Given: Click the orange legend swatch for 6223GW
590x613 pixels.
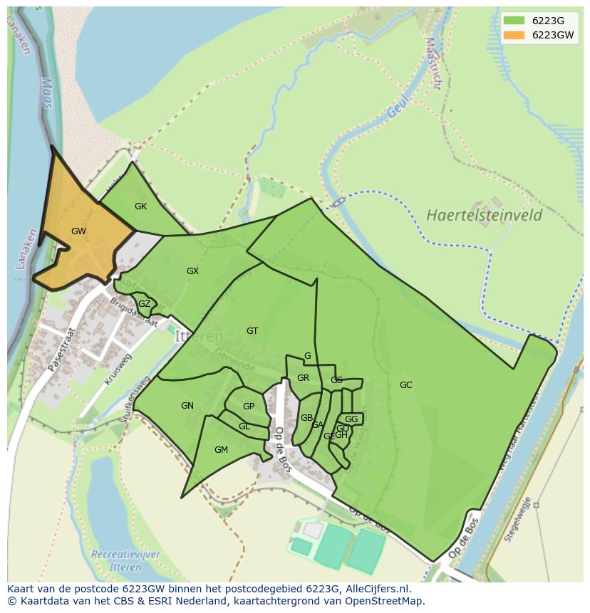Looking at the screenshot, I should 513,35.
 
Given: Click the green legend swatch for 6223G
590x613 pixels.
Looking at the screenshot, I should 513,21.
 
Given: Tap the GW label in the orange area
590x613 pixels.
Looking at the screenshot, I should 78,231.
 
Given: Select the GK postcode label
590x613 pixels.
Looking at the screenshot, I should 140,206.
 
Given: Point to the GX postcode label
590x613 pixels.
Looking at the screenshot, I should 192,271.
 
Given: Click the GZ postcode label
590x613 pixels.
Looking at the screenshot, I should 144,304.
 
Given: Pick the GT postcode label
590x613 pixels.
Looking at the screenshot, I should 252,331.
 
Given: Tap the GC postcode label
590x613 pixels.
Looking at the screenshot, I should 405,385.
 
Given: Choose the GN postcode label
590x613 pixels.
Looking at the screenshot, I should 187,406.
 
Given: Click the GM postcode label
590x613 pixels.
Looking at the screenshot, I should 221,450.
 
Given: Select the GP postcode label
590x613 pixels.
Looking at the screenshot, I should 249,407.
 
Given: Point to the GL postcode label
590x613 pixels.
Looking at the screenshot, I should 244,426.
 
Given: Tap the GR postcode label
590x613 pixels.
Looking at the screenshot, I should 303,378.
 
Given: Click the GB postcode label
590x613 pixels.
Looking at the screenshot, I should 306,418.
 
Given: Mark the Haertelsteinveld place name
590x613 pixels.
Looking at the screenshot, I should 485,215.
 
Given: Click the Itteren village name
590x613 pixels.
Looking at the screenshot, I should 199,336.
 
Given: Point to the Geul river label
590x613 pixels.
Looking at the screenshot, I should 398,107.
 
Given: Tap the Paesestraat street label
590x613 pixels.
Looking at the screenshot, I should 61,350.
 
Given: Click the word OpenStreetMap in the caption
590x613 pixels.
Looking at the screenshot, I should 388,601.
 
